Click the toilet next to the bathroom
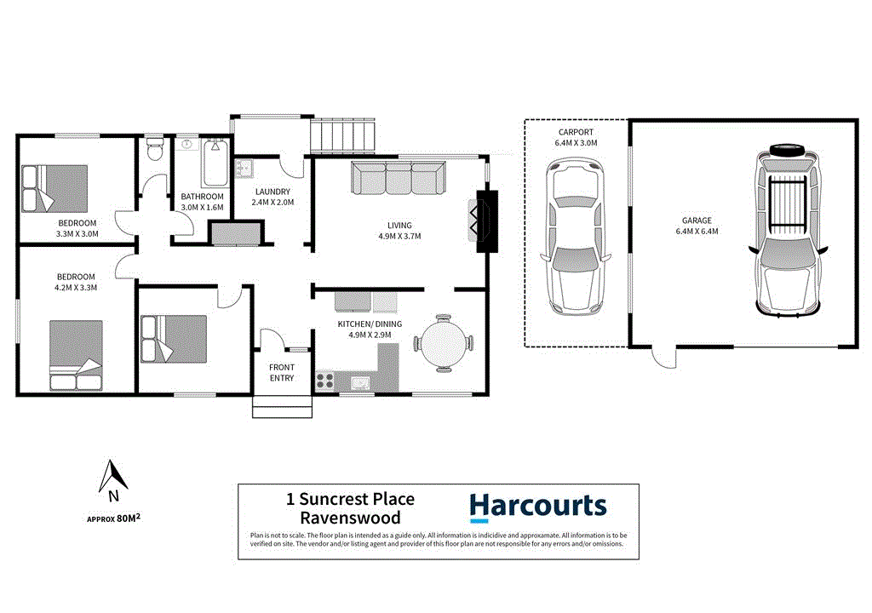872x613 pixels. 154,151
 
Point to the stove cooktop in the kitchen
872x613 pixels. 326,381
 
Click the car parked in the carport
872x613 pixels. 577,238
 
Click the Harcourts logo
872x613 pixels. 538,507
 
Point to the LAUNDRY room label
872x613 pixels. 272,192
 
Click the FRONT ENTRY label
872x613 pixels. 282,372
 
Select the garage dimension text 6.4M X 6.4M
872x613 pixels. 696,231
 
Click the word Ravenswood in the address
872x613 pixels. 350,518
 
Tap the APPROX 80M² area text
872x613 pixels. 113,518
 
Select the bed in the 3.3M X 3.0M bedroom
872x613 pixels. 55,188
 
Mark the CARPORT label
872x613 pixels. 576,133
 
